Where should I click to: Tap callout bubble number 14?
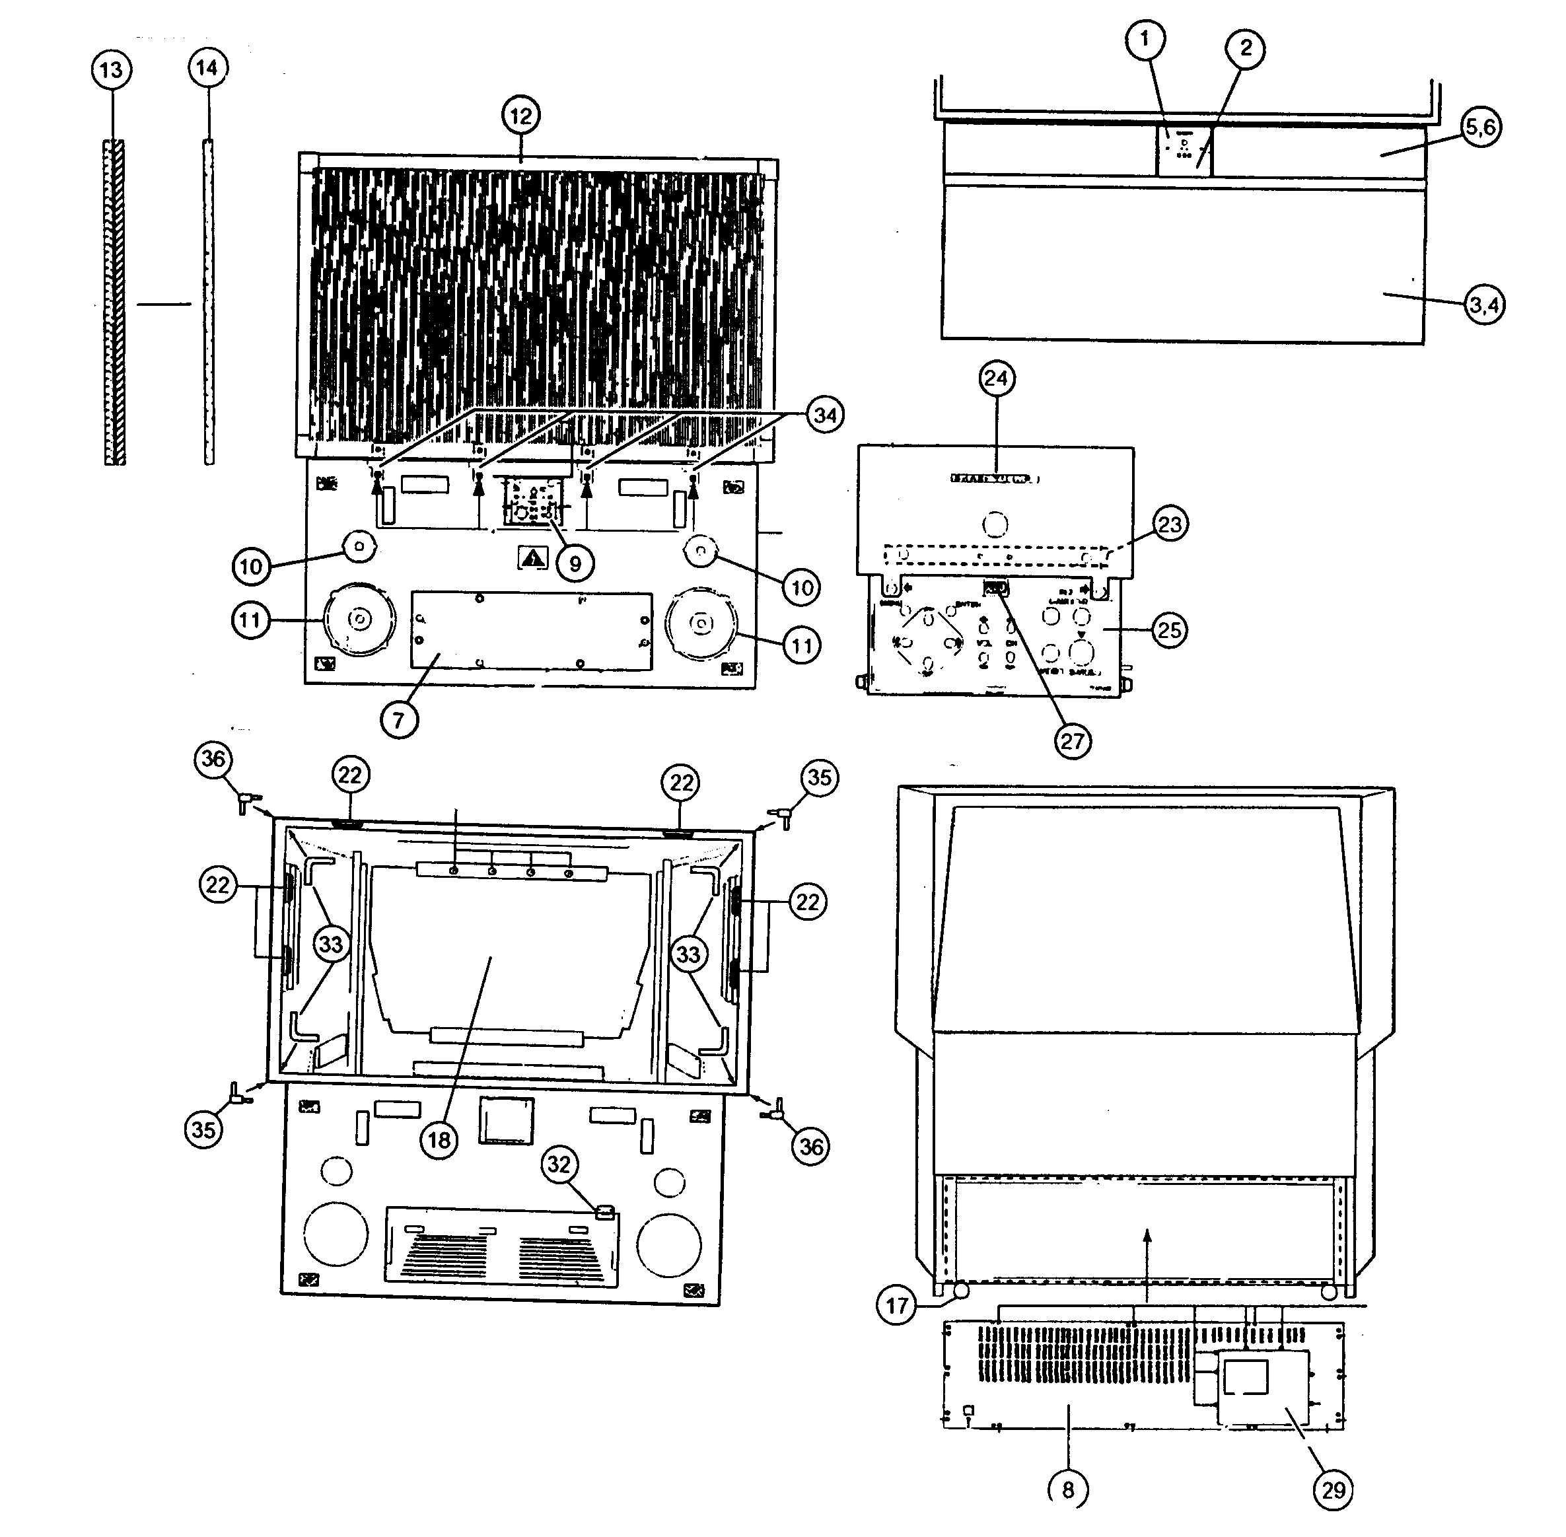point(207,68)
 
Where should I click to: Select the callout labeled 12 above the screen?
point(520,116)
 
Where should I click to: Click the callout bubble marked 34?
point(824,415)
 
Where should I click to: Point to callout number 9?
point(575,563)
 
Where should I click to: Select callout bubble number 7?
point(399,719)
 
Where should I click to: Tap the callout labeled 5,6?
point(1480,127)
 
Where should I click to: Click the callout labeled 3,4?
point(1483,305)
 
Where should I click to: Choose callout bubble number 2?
point(1246,48)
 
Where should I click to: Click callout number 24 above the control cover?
point(997,378)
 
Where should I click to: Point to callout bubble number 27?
point(1072,740)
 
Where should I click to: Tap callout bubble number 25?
point(1169,629)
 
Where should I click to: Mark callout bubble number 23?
point(1169,524)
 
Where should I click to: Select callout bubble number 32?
point(559,1164)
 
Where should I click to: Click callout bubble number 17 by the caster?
point(897,1305)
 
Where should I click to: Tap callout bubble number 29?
point(1333,1489)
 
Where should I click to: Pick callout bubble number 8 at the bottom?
point(1068,1489)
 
